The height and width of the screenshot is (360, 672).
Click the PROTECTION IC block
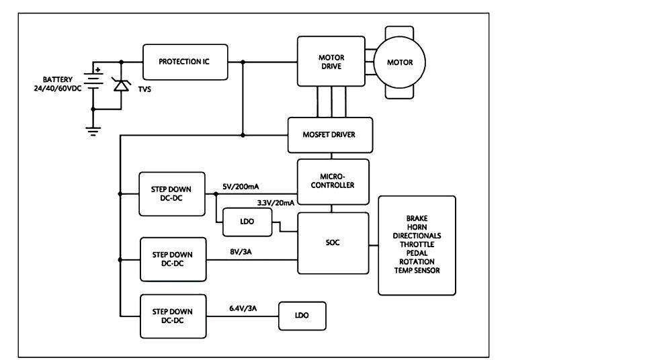tap(185, 62)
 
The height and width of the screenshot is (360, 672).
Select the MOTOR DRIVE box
tap(330, 62)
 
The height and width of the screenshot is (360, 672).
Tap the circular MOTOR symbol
tap(399, 62)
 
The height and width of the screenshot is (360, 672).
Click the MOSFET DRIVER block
tap(329, 134)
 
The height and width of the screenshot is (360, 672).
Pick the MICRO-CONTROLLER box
tap(333, 181)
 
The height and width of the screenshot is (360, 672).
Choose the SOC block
tap(333, 242)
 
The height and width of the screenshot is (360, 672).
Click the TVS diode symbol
tap(121, 85)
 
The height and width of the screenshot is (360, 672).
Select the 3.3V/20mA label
tap(276, 202)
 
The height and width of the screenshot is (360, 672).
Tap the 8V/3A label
tap(242, 252)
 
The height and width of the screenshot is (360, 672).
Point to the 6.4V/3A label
tap(243, 308)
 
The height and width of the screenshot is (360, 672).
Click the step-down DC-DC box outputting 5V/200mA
tap(172, 194)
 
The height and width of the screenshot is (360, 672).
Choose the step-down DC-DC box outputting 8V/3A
tap(172, 259)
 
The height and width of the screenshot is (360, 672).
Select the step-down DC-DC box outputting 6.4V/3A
tap(172, 316)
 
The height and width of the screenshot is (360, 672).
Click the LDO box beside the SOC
tap(247, 222)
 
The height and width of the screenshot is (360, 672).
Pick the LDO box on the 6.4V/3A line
tap(302, 316)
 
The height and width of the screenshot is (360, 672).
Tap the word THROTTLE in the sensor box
tap(417, 244)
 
